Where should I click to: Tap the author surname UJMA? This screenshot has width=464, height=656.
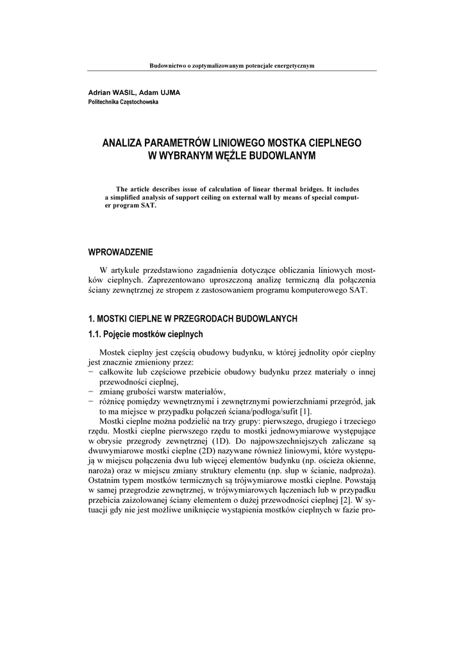tap(169, 92)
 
